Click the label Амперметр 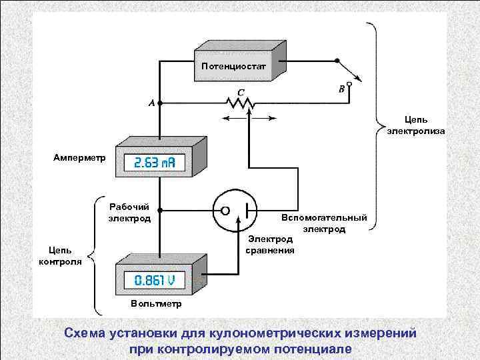79,158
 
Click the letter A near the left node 151,103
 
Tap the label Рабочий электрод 129,213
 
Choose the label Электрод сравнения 269,244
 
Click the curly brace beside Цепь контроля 94,256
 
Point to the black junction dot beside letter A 161,104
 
